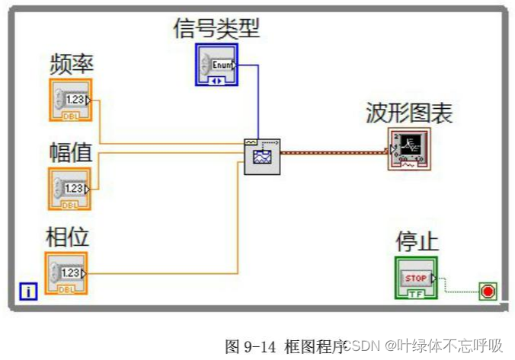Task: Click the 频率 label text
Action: (x=72, y=64)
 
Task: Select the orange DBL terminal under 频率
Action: (x=70, y=100)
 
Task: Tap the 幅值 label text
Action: (x=71, y=153)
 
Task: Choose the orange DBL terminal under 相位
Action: (x=66, y=273)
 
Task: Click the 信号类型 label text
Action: (x=217, y=29)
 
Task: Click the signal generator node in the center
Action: (x=261, y=157)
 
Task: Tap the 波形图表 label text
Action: (x=409, y=113)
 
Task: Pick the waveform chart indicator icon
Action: (x=409, y=149)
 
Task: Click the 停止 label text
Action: (x=417, y=242)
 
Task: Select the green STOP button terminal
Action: (x=416, y=278)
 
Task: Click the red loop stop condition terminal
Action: (x=488, y=290)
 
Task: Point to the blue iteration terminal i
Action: (x=28, y=290)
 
